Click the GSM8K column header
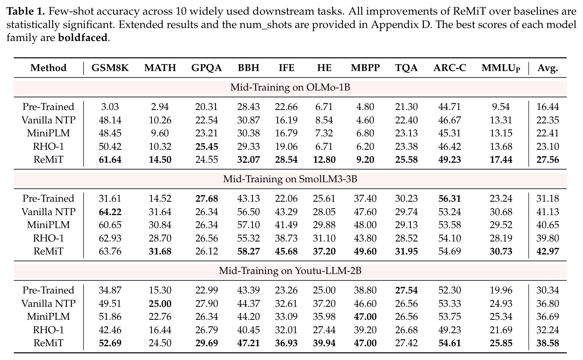tap(110, 68)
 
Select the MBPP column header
tap(365, 68)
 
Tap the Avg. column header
tap(548, 68)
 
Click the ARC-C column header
tap(449, 68)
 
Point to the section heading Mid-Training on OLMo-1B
tap(290, 87)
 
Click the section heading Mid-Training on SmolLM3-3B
tap(290, 179)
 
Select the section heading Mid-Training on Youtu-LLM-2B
tap(290, 271)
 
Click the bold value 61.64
tap(110, 160)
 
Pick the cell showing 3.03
tap(110, 107)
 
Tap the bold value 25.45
tap(207, 147)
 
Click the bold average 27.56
tap(548, 160)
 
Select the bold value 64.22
tap(110, 212)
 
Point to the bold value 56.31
tap(449, 198)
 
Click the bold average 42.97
tap(548, 251)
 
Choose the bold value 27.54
tap(406, 290)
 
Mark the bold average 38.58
tap(548, 343)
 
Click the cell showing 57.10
tap(248, 225)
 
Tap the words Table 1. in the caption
tap(26, 11)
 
